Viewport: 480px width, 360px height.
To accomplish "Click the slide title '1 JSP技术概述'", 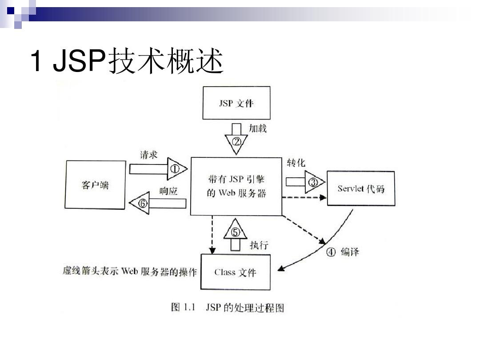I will [x=126, y=62].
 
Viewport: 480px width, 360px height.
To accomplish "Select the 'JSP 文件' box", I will [x=236, y=103].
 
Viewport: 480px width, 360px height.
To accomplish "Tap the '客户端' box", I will [x=95, y=185].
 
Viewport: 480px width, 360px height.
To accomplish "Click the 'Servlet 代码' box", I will [x=361, y=188].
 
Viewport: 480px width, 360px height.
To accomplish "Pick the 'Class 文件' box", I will [x=235, y=272].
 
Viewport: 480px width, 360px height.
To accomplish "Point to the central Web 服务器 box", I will [x=236, y=186].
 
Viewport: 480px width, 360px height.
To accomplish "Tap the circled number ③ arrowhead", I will [x=314, y=182].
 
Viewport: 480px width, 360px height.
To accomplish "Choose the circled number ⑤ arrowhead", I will [x=236, y=232].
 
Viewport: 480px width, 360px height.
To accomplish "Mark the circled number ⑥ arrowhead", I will [x=142, y=203].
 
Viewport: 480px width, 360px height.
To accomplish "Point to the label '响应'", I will [x=168, y=191].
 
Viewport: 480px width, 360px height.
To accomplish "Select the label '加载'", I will [x=257, y=128].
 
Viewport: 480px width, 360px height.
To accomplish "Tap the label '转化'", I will [x=296, y=163].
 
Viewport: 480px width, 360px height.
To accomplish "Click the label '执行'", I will [x=259, y=245].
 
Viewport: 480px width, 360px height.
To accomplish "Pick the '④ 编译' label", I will [x=342, y=252].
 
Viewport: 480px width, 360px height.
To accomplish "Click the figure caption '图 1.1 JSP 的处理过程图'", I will [x=227, y=307].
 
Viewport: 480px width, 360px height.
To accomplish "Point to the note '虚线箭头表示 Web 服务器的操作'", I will [x=129, y=272].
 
